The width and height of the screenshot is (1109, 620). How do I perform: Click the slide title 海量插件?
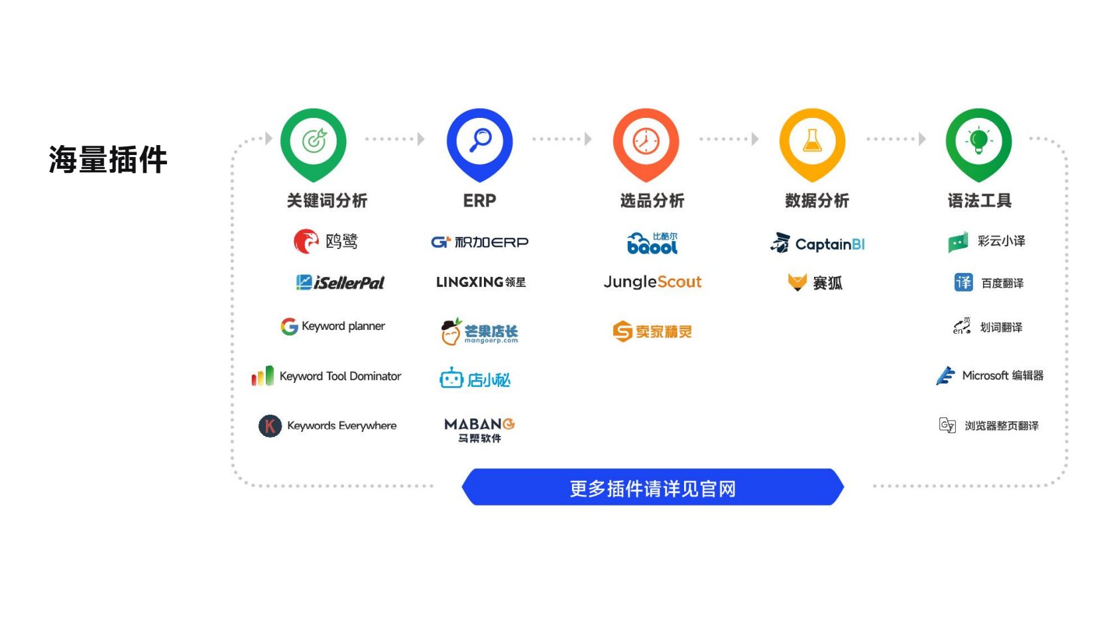tap(108, 160)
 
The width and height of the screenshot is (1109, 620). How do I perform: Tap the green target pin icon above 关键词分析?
tap(314, 144)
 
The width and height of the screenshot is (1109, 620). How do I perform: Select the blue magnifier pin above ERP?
tap(480, 144)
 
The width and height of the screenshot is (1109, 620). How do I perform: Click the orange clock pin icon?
tap(646, 144)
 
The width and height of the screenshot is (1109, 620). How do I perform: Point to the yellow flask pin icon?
tap(813, 144)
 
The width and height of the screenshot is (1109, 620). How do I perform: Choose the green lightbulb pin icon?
tap(979, 144)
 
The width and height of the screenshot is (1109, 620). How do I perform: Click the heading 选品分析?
tap(652, 201)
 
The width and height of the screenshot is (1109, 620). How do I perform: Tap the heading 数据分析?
tap(817, 201)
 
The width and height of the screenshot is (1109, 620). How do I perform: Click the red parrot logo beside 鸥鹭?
tap(306, 241)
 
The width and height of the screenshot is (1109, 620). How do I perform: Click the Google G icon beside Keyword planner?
tap(289, 326)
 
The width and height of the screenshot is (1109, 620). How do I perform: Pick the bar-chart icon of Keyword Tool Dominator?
tap(263, 376)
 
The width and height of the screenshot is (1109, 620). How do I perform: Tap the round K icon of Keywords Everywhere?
tap(270, 425)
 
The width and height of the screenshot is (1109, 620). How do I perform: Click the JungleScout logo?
tap(652, 282)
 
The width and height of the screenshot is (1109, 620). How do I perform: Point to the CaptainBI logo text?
tap(830, 244)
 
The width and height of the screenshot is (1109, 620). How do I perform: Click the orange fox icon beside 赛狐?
tap(797, 282)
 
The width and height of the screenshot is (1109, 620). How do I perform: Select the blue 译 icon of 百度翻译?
tap(963, 283)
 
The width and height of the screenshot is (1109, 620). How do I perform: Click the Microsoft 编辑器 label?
tap(1002, 376)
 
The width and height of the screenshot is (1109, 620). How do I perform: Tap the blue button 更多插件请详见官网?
tap(652, 487)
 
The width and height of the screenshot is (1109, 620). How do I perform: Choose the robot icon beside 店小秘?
tap(451, 378)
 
